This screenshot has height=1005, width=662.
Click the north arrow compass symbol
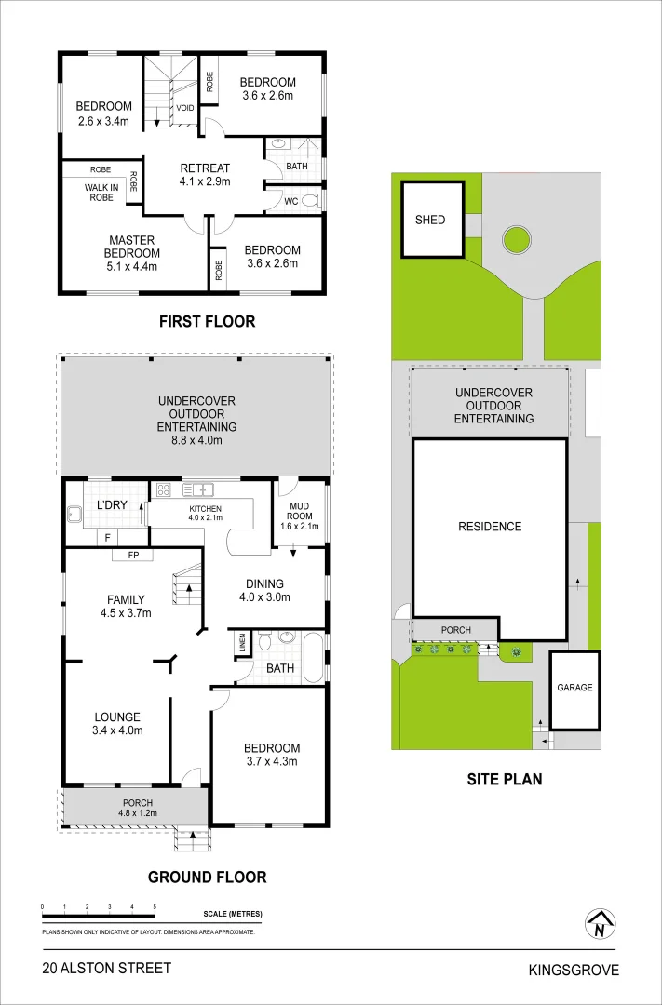tap(600, 924)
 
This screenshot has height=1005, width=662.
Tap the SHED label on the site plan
tap(430, 220)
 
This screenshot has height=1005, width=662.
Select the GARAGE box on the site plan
tap(574, 690)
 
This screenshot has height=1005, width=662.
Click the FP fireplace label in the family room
tap(133, 555)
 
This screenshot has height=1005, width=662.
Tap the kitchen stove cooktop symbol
tap(164, 490)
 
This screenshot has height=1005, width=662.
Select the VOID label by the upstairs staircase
tap(185, 108)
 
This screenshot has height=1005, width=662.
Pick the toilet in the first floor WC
tap(310, 201)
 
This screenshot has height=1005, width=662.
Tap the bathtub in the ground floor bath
tap(315, 658)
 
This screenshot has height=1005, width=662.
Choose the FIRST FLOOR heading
tap(208, 322)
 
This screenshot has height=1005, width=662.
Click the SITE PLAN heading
tap(505, 780)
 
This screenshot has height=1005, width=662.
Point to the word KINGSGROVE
tap(574, 971)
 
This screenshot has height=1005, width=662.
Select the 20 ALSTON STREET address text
tap(107, 968)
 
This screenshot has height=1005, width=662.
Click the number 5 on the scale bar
tap(155, 907)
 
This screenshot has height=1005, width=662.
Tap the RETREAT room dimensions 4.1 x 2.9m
tap(205, 181)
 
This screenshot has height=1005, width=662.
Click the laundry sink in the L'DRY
tap(74, 512)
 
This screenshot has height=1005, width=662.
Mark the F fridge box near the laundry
tap(106, 537)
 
